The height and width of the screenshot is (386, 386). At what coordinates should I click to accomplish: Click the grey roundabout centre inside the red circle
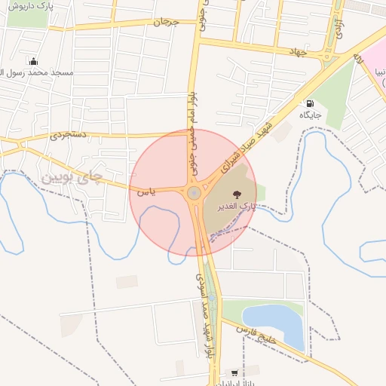(x=195, y=193)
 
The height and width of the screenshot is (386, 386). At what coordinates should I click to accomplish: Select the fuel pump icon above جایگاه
(x=309, y=103)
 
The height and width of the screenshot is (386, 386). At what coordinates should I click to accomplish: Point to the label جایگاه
(x=310, y=115)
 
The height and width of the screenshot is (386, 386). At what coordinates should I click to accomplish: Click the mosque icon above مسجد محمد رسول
(x=33, y=61)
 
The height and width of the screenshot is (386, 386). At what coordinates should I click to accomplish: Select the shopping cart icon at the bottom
(x=234, y=372)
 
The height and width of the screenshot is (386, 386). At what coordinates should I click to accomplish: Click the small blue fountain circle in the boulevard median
(x=211, y=297)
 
